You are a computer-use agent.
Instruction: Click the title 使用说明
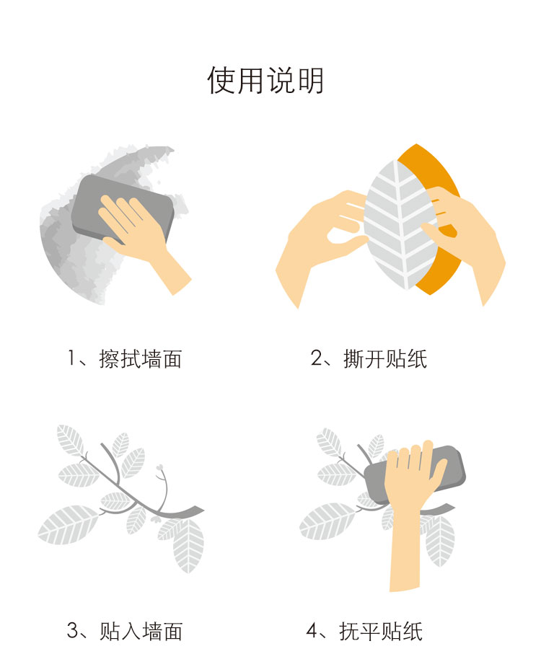265,80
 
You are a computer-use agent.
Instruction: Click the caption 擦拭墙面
141,359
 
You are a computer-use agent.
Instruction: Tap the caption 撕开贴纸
385,359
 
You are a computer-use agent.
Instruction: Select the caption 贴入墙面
141,632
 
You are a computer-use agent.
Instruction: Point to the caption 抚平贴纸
381,632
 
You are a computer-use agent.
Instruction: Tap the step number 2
317,358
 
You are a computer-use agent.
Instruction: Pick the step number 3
73,630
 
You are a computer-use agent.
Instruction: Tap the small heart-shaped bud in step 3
160,467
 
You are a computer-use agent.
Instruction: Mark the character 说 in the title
279,80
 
